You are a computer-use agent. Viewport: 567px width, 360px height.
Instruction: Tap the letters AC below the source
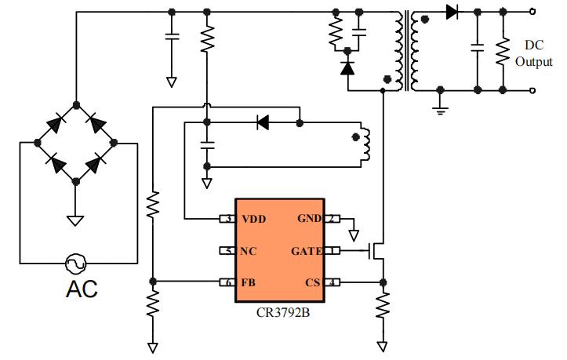[x=81, y=289]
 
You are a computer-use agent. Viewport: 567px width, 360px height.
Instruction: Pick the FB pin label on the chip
[x=249, y=282]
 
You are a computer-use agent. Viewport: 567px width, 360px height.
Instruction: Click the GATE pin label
[x=307, y=251]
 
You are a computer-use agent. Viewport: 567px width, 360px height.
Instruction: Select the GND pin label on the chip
[x=309, y=219]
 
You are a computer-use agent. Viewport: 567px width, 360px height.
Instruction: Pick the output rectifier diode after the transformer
[x=452, y=12]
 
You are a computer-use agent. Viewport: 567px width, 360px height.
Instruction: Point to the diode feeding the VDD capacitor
[x=263, y=122]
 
